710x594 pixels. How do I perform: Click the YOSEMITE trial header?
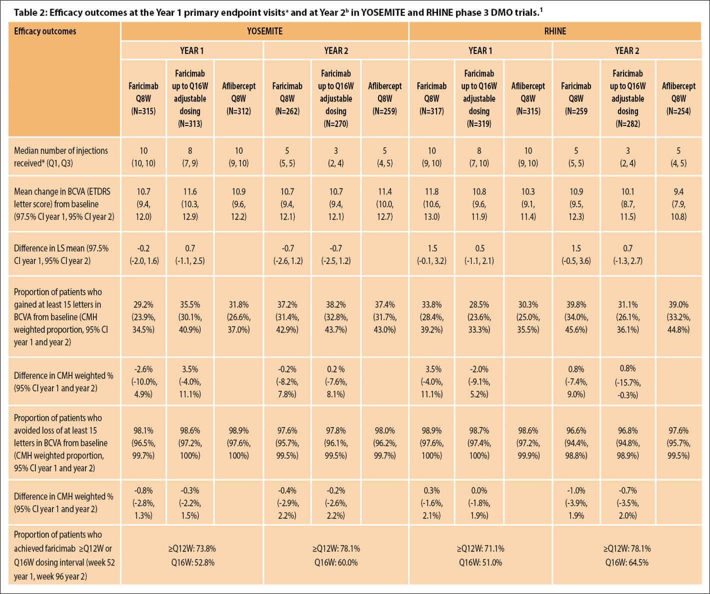pos(264,31)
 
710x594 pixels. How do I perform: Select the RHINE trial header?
pos(555,31)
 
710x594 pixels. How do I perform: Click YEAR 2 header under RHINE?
pos(627,50)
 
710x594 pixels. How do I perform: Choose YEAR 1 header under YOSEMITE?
pos(191,50)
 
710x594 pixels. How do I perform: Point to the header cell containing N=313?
pos(190,98)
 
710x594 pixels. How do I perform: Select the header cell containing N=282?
pos(627,98)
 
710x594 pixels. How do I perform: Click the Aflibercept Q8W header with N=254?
pos(678,98)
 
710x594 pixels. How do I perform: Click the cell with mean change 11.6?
pos(190,203)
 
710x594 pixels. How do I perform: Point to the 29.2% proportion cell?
pos(143,316)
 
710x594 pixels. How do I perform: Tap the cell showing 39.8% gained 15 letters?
pos(576,316)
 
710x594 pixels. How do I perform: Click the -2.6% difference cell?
pos(143,381)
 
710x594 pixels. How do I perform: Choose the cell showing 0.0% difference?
pos(479,502)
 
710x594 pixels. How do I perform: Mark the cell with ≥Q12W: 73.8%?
pos(192,548)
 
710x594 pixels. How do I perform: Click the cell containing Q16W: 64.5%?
pos(627,562)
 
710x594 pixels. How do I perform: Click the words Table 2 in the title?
pos(29,12)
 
